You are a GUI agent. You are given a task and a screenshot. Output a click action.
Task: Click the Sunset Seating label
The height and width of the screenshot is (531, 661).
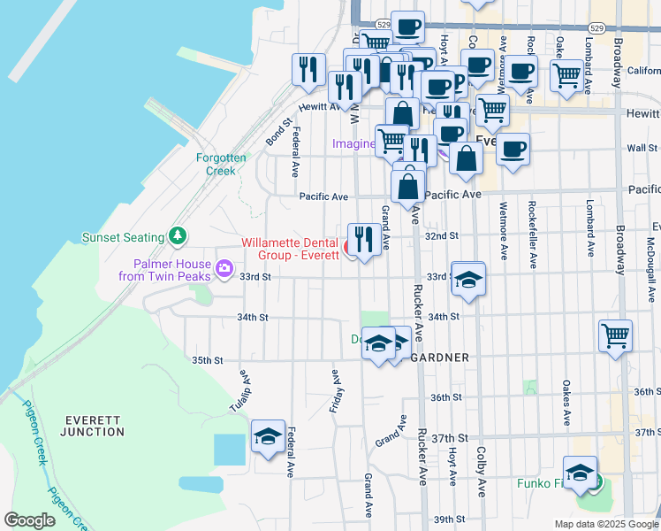[x=123, y=237]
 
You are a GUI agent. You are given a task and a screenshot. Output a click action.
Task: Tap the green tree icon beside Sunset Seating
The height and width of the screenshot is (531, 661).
[x=178, y=236]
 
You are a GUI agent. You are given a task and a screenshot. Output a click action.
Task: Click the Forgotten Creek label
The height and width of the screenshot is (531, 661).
[x=216, y=164]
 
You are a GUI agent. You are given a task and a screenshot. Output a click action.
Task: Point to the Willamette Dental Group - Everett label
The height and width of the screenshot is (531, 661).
[x=291, y=249]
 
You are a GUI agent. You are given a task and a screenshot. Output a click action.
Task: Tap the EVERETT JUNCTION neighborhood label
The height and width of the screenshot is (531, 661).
[x=93, y=426]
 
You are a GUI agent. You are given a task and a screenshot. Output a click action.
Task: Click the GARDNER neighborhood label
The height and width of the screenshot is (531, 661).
[x=438, y=358]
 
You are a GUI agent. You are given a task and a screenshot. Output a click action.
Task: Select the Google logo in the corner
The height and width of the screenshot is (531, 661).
[x=29, y=520]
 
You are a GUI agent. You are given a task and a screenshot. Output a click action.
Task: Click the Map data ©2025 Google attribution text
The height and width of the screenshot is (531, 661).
[x=605, y=524]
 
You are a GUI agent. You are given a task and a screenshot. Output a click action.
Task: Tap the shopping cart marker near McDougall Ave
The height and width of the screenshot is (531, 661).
[x=615, y=335]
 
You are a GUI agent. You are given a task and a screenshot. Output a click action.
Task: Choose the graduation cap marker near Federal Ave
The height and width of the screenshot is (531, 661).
[x=268, y=436]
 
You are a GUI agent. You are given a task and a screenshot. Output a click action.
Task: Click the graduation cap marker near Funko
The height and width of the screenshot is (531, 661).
[x=580, y=472]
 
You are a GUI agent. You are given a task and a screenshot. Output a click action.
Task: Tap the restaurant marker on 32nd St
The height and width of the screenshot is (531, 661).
[x=365, y=238]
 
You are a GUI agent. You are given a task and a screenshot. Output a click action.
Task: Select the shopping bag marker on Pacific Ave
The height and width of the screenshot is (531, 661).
[x=408, y=186]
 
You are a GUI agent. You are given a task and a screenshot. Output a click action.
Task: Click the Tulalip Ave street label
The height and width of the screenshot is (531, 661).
[x=245, y=385]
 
